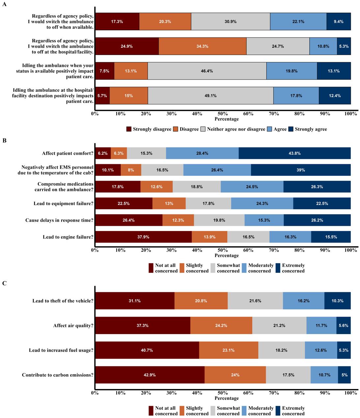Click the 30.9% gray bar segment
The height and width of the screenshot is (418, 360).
coord(230,21)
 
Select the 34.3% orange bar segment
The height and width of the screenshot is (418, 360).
coord(202,46)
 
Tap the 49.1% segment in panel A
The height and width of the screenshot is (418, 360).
coord(210,96)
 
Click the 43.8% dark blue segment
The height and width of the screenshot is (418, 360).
coord(294,153)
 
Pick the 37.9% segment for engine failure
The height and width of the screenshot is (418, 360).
coord(143,237)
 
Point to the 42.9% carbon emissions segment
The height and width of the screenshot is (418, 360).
coord(150,375)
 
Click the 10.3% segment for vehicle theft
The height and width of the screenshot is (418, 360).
coord(337,301)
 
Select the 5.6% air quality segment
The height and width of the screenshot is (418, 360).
coord(343,326)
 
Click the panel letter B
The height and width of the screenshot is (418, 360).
coord(5,141)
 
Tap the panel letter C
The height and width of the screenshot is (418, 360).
coord(5,283)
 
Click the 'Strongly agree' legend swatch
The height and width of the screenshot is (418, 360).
coord(291,129)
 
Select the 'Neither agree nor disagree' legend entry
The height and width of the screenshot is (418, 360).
coord(236,129)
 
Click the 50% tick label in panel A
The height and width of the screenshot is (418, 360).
coord(223,114)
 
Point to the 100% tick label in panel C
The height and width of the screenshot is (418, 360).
coord(350,393)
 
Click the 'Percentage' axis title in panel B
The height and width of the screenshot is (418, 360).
coord(227,255)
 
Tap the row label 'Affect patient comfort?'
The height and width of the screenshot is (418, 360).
coord(68,153)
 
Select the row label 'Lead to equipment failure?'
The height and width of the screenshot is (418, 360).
coord(63,203)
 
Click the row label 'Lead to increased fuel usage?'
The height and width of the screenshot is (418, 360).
coord(61,350)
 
